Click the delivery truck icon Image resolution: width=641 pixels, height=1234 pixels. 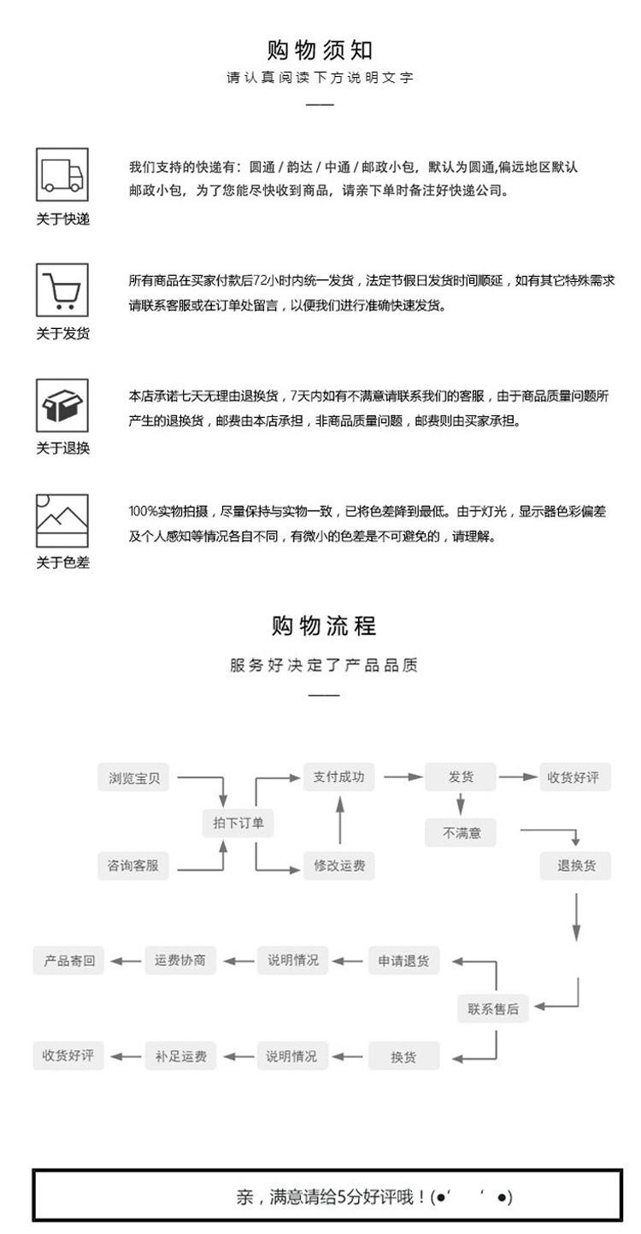click(62, 174)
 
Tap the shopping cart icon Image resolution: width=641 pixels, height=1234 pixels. click(62, 290)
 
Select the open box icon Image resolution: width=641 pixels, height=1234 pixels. click(62, 404)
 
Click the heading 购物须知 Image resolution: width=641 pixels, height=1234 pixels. click(320, 50)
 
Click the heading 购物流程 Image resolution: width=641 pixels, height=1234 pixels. click(324, 626)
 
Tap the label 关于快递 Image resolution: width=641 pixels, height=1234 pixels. click(62, 220)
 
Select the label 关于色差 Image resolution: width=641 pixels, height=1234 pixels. click(62, 562)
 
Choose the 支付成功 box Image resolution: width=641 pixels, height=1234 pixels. click(338, 777)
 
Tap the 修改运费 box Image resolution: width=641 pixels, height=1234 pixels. click(338, 866)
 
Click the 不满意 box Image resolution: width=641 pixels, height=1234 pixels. click(461, 832)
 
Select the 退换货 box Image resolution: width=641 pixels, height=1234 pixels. click(576, 866)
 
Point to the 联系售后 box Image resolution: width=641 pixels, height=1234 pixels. click(493, 1008)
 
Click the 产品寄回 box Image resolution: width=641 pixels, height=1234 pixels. click(69, 961)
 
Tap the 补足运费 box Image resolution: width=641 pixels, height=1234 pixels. click(180, 1056)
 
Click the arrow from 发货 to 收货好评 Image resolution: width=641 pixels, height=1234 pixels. click(518, 777)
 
